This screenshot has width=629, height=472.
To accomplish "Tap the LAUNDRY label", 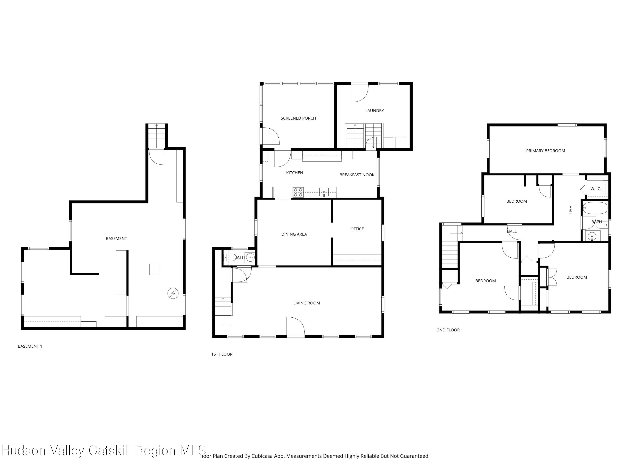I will [x=374, y=111].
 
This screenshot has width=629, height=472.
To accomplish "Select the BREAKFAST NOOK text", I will [x=357, y=175].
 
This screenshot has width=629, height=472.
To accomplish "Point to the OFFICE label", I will [x=357, y=229].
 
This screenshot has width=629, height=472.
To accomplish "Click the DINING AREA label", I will [x=294, y=234].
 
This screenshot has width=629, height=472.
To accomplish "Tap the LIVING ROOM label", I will [x=307, y=303].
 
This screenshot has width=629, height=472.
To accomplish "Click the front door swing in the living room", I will [x=295, y=327].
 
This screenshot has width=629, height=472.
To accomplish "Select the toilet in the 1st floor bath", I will [x=228, y=257].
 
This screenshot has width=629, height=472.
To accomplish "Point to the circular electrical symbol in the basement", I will [x=173, y=293].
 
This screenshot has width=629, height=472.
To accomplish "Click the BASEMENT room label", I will [x=116, y=239].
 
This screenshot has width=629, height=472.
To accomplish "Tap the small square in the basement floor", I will [x=155, y=269].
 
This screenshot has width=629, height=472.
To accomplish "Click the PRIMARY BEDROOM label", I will [x=545, y=151].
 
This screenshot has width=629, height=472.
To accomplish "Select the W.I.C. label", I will [x=596, y=189].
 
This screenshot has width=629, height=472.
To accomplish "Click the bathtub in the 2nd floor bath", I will [x=595, y=208].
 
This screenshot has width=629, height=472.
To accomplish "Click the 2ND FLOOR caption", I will [x=448, y=330].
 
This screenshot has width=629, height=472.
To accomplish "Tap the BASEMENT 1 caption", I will [x=30, y=346].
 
